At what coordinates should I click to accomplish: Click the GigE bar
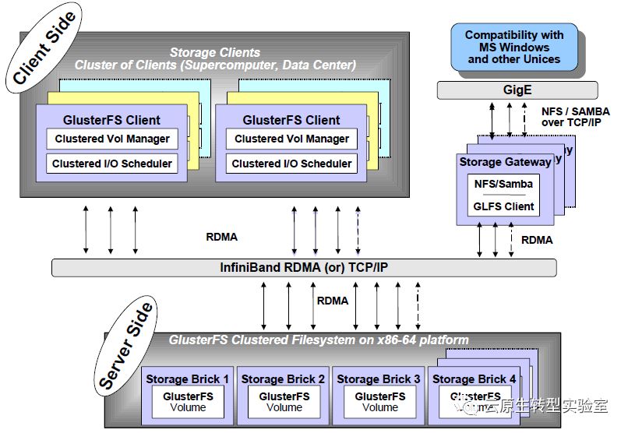point(517,90)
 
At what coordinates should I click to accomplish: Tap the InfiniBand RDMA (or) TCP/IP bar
point(304,267)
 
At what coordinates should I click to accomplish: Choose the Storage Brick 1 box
point(187,396)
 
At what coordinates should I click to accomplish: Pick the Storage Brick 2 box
point(283,396)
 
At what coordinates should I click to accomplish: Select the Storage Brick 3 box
point(379,396)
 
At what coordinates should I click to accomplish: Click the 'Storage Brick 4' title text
point(474,379)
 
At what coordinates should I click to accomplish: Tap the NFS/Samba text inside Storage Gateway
point(504,183)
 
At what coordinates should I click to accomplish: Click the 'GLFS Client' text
point(504,206)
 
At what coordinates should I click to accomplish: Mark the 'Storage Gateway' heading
point(505,162)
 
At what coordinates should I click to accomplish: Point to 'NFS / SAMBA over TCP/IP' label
point(575,118)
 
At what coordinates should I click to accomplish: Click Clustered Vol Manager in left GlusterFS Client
point(111,139)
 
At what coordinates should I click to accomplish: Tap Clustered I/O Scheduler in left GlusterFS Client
point(111,164)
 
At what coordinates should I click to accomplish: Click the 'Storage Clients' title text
point(214,52)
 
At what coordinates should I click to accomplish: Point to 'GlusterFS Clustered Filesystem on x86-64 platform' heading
point(319,340)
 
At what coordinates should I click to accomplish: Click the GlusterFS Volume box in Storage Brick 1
point(187,402)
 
